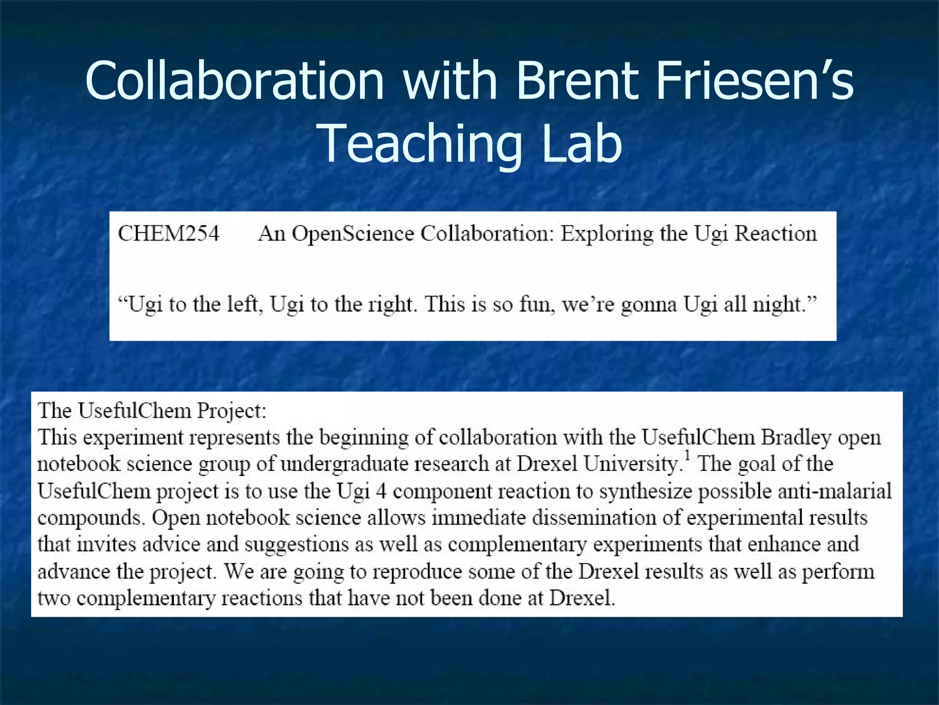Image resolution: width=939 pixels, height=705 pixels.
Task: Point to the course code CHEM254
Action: pyautogui.click(x=169, y=234)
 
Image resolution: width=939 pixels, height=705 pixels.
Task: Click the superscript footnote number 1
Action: pyautogui.click(x=687, y=456)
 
